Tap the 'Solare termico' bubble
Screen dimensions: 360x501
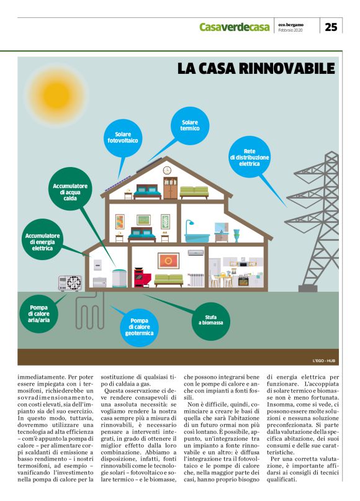[189, 127]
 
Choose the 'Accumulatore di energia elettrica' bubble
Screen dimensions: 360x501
[43, 242]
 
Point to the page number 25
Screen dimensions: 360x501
[331, 27]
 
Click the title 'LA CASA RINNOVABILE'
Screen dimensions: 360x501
[256, 69]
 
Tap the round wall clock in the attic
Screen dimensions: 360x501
[167, 170]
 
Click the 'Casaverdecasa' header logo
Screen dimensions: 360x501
[235, 27]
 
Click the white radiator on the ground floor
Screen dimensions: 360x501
[197, 279]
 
